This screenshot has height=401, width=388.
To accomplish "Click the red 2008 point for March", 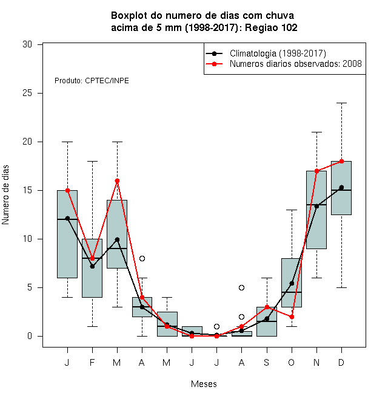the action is point(117,181).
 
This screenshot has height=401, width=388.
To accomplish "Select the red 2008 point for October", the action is point(292,317).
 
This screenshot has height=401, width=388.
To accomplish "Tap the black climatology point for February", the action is point(92,267).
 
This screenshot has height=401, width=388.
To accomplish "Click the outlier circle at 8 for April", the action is point(142,259).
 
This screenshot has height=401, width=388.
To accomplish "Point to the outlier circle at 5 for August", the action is point(241,288).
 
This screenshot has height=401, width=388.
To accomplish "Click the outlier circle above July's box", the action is point(216,327).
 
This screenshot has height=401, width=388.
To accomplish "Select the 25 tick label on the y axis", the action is point(27,93).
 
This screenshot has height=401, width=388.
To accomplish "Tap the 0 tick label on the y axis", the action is point(30,336).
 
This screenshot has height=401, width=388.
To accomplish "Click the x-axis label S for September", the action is point(267,363).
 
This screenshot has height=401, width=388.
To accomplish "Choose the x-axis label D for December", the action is point(341,363).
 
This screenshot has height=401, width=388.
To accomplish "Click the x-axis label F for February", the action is point(92,363).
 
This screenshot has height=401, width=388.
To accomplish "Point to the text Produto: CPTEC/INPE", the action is point(92,81).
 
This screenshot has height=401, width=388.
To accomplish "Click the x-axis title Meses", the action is point(204,384).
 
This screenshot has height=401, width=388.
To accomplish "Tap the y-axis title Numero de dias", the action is point(5,195).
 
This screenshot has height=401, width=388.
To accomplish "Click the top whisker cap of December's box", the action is point(341,103).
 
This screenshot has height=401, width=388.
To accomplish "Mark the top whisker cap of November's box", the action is point(317,132).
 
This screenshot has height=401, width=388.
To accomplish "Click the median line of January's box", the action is point(67,219).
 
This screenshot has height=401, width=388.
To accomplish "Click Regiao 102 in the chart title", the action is point(271,27).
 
